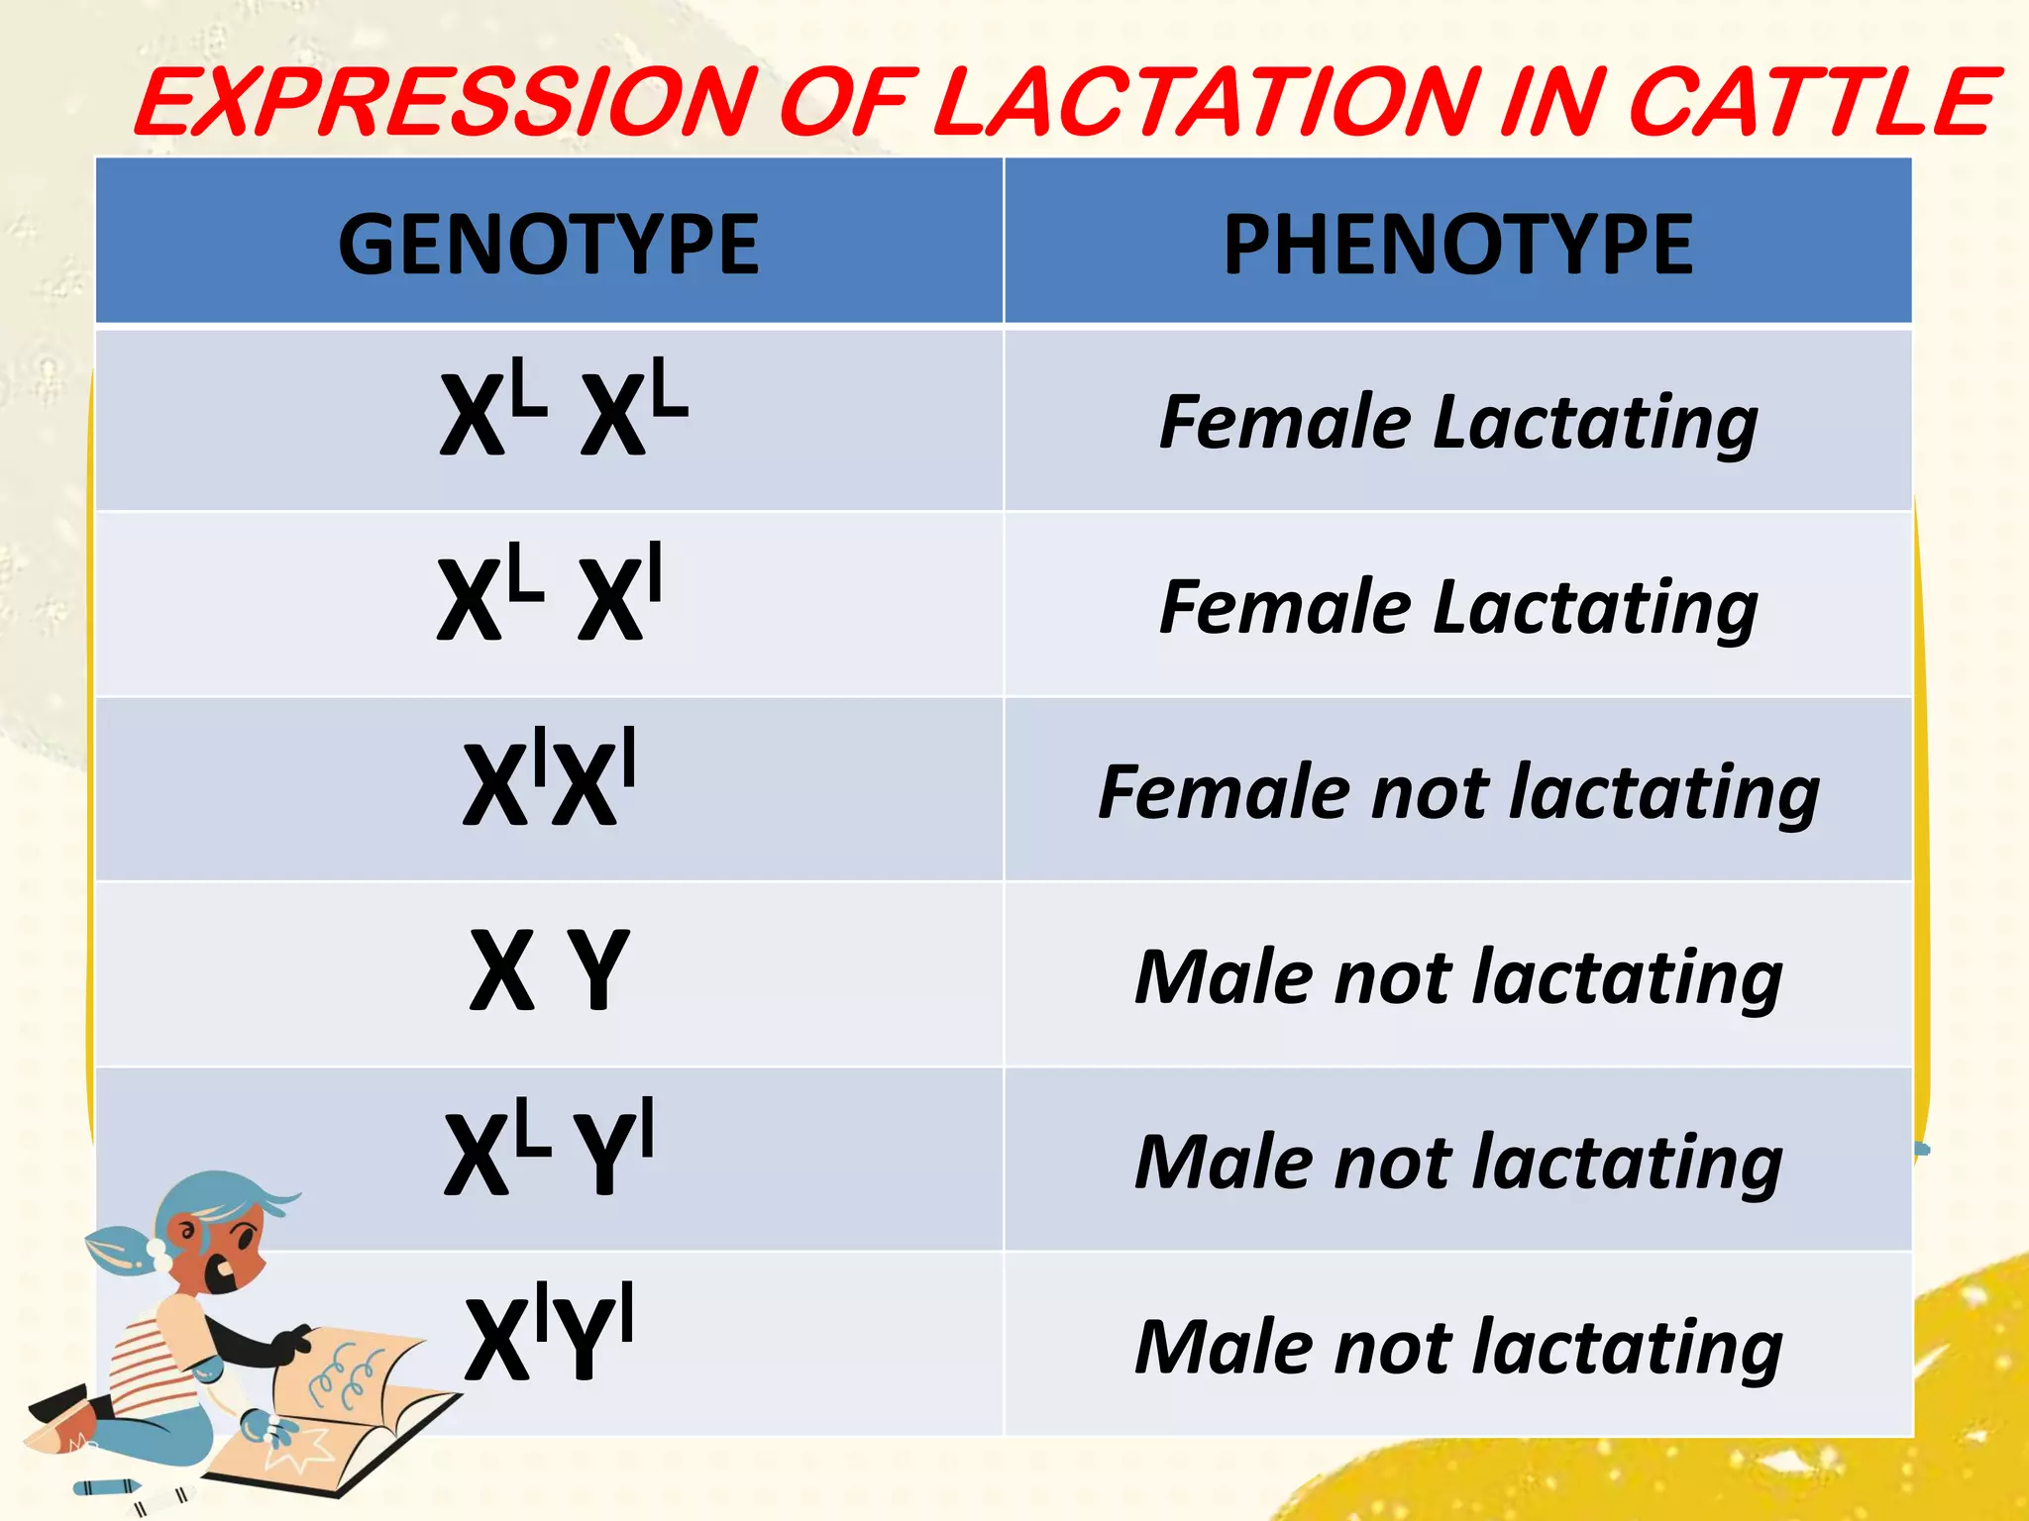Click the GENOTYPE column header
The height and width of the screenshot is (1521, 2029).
click(548, 245)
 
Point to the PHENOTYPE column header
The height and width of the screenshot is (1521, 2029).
click(1457, 245)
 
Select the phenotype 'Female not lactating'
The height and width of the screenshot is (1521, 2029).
click(1458, 792)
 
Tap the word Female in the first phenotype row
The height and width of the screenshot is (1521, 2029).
click(1285, 423)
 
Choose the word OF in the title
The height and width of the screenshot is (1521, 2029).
click(844, 103)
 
